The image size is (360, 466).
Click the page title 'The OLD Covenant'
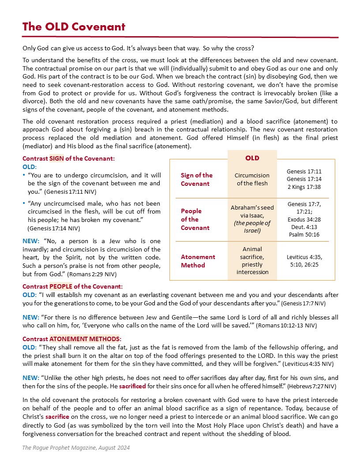pyautogui.click(x=74, y=26)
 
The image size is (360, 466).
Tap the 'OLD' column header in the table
pyautogui.click(x=252, y=158)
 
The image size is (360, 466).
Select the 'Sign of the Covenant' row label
pyautogui.click(x=196, y=179)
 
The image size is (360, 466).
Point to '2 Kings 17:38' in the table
pyautogui.click(x=304, y=187)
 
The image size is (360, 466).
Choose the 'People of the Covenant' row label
pyautogui.click(x=195, y=219)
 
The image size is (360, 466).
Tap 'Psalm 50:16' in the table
pyautogui.click(x=304, y=234)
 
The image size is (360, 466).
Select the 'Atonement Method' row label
pyautogui.click(x=198, y=261)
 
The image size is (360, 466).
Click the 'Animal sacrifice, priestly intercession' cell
pyautogui.click(x=252, y=260)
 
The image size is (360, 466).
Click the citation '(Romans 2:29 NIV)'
pyautogui.click(x=95, y=274)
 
